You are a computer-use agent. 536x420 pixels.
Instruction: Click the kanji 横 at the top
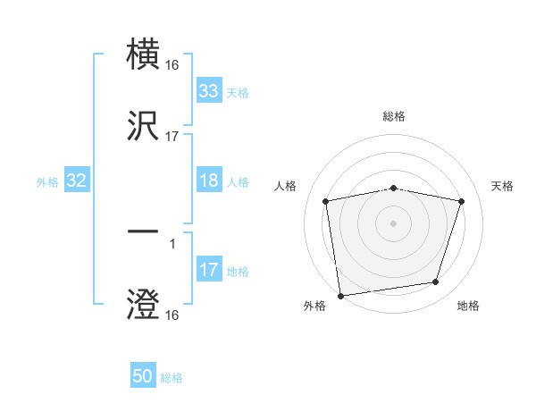144,55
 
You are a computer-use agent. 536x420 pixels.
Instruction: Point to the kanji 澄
144,304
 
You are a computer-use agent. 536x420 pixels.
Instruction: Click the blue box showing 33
209,90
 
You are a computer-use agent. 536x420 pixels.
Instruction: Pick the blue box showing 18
209,181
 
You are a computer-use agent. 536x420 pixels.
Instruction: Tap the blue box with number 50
143,376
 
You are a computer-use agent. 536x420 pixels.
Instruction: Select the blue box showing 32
77,181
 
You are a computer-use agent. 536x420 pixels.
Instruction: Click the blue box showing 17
209,270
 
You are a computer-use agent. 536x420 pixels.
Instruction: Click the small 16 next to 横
172,65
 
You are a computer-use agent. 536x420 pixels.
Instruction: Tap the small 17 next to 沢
172,137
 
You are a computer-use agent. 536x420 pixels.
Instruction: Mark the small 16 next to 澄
172,315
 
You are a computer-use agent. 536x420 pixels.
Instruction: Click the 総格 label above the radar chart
394,116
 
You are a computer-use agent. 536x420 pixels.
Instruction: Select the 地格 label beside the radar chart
468,307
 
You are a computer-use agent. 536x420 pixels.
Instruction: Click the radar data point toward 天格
462,201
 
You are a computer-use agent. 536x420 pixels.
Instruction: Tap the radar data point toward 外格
340,295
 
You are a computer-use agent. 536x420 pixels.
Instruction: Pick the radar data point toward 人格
326,201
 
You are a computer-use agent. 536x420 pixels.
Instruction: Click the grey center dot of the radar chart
394,223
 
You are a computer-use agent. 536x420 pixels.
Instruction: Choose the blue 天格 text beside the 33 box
238,92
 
